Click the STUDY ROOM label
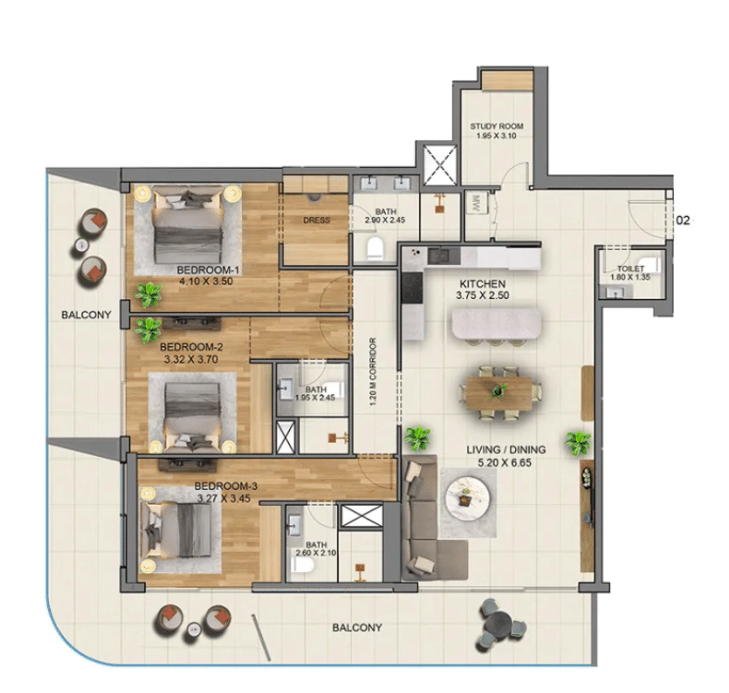pyautogui.click(x=496, y=125)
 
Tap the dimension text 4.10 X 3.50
pyautogui.click(x=206, y=281)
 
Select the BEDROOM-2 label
pyautogui.click(x=191, y=347)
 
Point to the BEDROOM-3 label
pyautogui.click(x=225, y=486)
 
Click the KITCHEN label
pyautogui.click(x=483, y=283)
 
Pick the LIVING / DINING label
pyautogui.click(x=506, y=449)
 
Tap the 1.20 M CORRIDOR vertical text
pyautogui.click(x=373, y=372)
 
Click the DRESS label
pyautogui.click(x=317, y=221)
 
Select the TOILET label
pyautogui.click(x=630, y=269)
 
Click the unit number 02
pyautogui.click(x=683, y=221)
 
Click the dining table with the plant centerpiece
pyautogui.click(x=499, y=393)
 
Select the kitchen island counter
pyautogui.click(x=496, y=325)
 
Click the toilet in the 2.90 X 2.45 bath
pyautogui.click(x=376, y=248)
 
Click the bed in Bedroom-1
pyautogui.click(x=187, y=225)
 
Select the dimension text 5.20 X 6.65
pyautogui.click(x=505, y=462)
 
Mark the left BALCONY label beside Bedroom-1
pyautogui.click(x=86, y=315)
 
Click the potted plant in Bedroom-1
pyautogui.click(x=149, y=294)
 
